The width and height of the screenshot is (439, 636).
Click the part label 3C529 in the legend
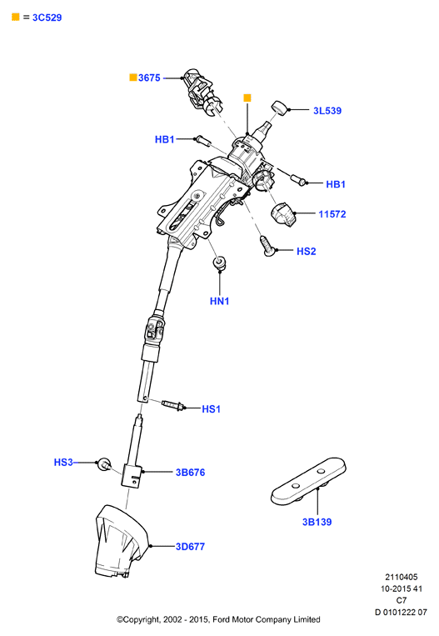coord(47,18)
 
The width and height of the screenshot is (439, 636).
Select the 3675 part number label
coord(149,78)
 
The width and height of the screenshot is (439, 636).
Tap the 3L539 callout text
coord(327,111)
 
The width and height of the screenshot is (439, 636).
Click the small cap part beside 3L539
coord(279,108)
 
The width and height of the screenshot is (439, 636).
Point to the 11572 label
coord(332,214)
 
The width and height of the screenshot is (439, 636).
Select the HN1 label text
coord(219,301)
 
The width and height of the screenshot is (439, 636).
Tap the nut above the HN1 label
coord(220,263)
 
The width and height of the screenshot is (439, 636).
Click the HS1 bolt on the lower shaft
coord(172,405)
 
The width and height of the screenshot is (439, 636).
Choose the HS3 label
coord(63,463)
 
